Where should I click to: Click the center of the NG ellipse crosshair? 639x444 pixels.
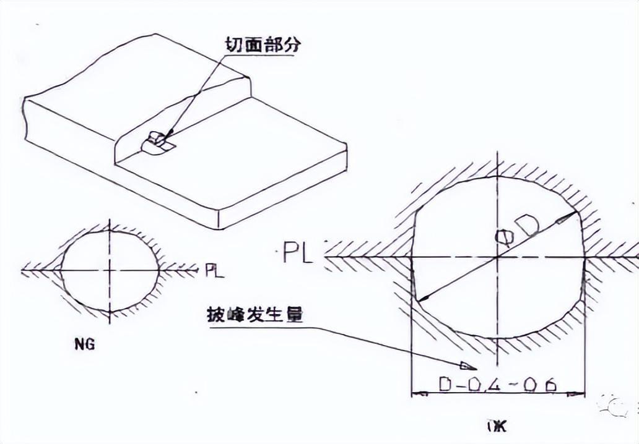[110, 270]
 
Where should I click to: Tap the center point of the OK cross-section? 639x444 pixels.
[497, 256]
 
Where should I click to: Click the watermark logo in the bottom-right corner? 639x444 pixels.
[613, 405]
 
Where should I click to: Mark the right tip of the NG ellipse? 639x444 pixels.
[160, 270]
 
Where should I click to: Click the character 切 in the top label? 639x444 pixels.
[233, 45]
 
